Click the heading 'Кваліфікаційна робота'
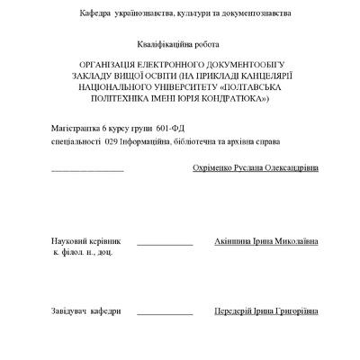coord(178,42)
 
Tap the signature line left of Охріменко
coord(87,169)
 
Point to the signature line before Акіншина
coord(165,244)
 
